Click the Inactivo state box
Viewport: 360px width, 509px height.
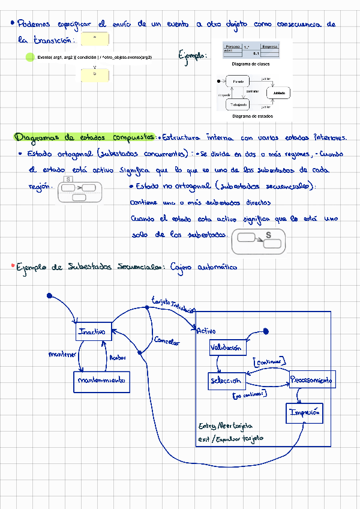point(94,331)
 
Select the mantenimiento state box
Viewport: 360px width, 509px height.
point(101,382)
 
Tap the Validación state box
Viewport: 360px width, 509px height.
point(226,348)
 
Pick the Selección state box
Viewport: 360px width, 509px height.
point(226,381)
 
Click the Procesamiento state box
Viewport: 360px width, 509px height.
point(312,380)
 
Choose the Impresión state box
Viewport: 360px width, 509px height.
point(304,413)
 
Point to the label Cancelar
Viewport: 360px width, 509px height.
point(166,342)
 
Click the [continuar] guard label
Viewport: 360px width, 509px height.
point(269,362)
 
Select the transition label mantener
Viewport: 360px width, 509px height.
point(62,355)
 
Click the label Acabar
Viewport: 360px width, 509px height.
point(117,358)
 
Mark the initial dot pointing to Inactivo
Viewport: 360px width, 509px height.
point(50,295)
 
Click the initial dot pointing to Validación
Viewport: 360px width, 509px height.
point(265,331)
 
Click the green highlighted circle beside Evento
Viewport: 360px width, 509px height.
point(30,57)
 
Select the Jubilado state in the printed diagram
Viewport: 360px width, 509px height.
point(278,93)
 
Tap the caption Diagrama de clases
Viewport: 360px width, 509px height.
point(250,64)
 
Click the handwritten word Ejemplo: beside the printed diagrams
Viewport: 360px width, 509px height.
point(193,55)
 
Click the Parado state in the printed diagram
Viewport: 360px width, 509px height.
point(238,81)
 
